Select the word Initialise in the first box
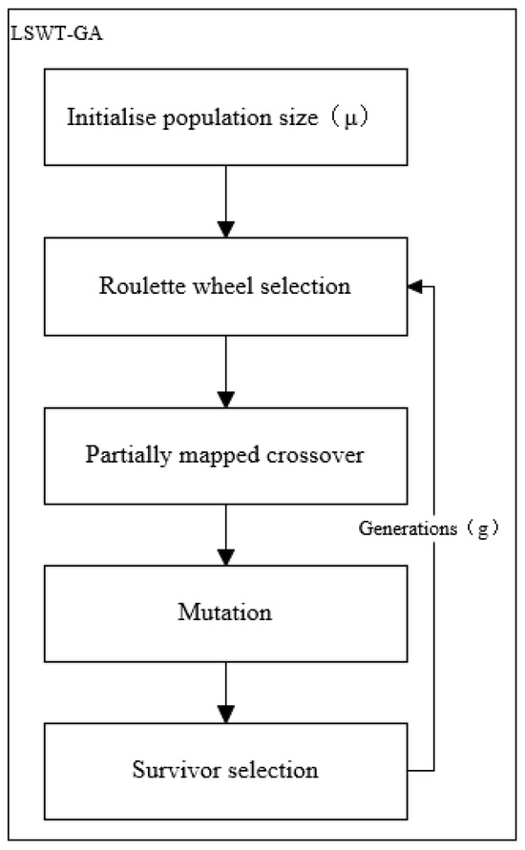tap(102, 118)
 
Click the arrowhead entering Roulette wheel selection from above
tap(225, 229)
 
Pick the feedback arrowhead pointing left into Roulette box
tap(413, 285)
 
